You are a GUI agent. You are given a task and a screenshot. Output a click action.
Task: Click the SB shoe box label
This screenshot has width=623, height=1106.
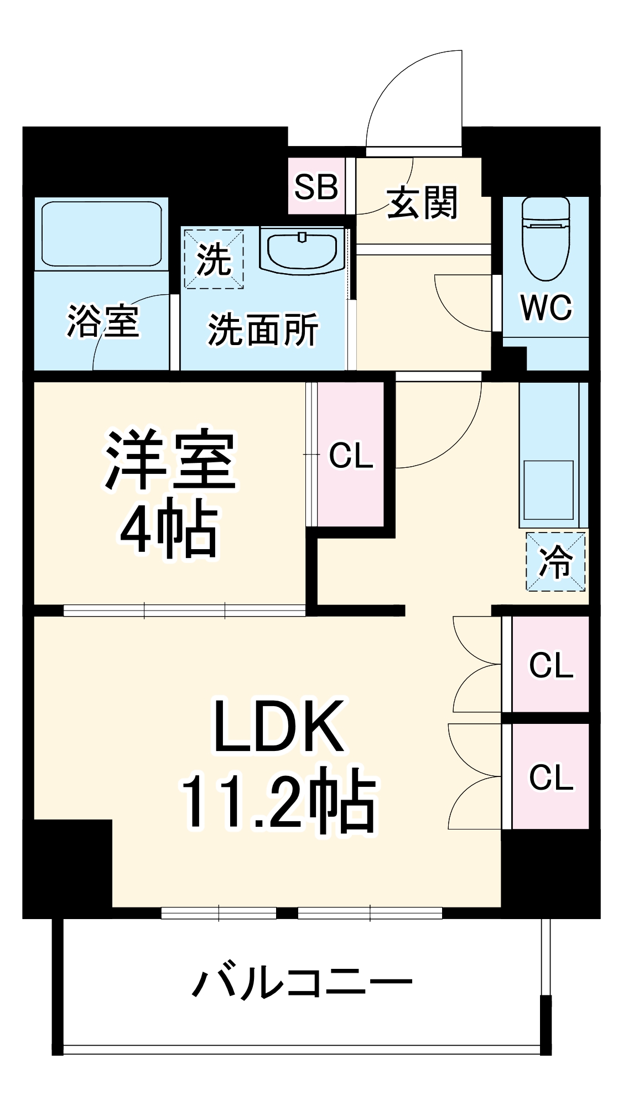[316, 187]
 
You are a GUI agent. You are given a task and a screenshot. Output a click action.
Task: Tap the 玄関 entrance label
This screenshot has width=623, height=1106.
[423, 202]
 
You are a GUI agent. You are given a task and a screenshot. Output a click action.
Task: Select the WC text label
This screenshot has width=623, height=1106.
[546, 307]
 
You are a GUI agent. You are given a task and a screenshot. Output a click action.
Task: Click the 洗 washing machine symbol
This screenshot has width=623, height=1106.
[214, 259]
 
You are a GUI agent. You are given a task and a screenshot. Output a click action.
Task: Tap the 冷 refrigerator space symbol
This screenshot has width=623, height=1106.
[555, 562]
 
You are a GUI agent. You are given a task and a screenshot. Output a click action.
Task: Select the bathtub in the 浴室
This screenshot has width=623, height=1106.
[101, 234]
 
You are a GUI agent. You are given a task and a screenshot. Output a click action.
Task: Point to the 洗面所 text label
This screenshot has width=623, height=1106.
[263, 330]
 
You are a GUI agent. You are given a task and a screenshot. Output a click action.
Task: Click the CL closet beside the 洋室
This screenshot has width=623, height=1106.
[351, 455]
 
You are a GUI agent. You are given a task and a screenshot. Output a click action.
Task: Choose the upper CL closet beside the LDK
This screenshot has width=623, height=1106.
[551, 665]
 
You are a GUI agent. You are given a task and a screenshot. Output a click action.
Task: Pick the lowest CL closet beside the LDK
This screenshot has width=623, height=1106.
[551, 777]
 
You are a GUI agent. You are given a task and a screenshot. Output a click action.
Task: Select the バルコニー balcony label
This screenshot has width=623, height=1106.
[302, 983]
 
